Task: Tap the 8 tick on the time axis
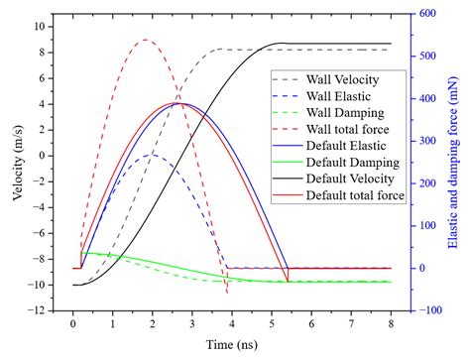coord(392,324)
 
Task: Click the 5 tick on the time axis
coord(272,324)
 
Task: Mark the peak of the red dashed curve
coord(146,40)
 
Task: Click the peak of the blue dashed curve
coord(151,154)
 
